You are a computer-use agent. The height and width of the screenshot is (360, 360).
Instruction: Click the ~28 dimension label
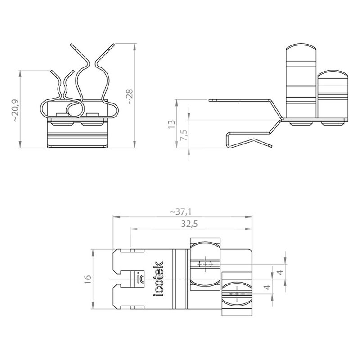130,97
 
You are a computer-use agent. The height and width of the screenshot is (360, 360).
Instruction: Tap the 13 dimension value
172,124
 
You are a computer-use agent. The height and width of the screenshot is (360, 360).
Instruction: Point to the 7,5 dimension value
184,135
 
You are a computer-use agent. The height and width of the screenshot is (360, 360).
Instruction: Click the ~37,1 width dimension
181,211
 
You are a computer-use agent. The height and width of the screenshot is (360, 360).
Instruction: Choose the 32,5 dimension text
189,224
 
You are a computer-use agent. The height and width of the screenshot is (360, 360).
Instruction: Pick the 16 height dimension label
88,279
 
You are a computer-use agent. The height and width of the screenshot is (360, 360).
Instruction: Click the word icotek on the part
158,279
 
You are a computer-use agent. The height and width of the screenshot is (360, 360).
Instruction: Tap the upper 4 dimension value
280,272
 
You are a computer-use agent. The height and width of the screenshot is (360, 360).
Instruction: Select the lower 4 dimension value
267,287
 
